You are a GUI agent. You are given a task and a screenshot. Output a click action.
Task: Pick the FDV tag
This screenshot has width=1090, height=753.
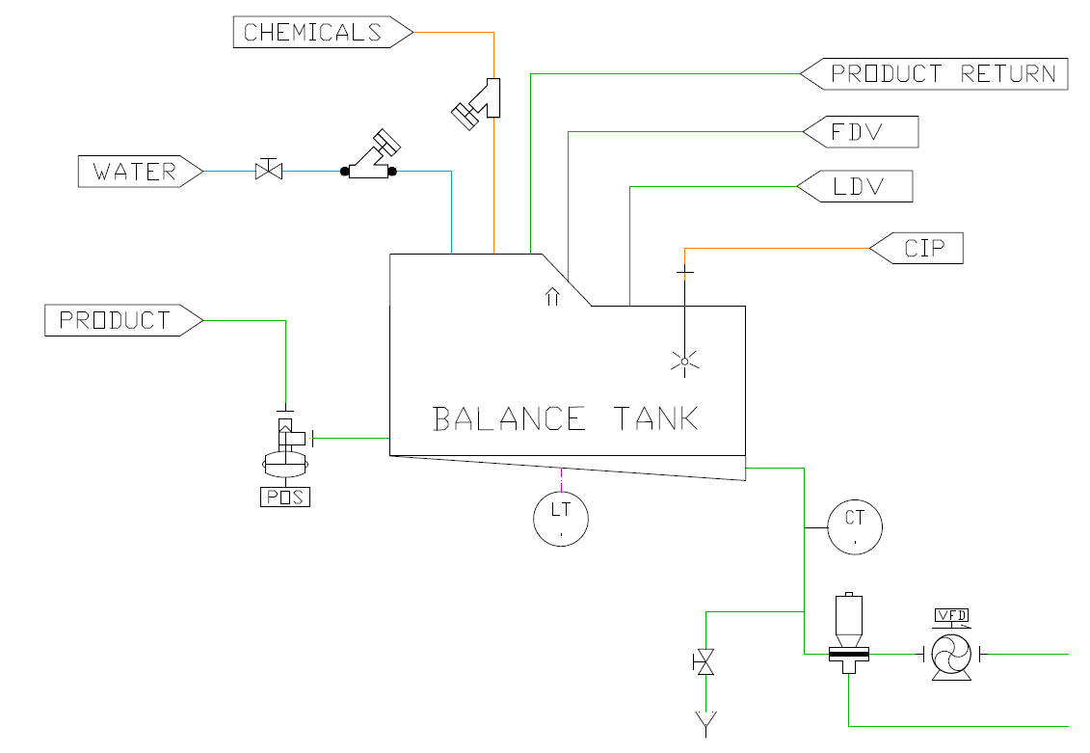(860, 132)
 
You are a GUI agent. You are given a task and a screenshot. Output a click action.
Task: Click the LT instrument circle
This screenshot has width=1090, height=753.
(561, 520)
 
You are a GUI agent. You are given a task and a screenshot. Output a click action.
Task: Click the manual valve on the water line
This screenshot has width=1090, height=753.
(268, 172)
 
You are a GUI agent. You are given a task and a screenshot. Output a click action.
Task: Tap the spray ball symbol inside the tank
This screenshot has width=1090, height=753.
(684, 363)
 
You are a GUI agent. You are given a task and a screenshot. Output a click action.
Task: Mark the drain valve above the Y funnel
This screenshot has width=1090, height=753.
(705, 662)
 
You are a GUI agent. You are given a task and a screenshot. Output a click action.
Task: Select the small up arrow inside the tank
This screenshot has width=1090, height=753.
(552, 296)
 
